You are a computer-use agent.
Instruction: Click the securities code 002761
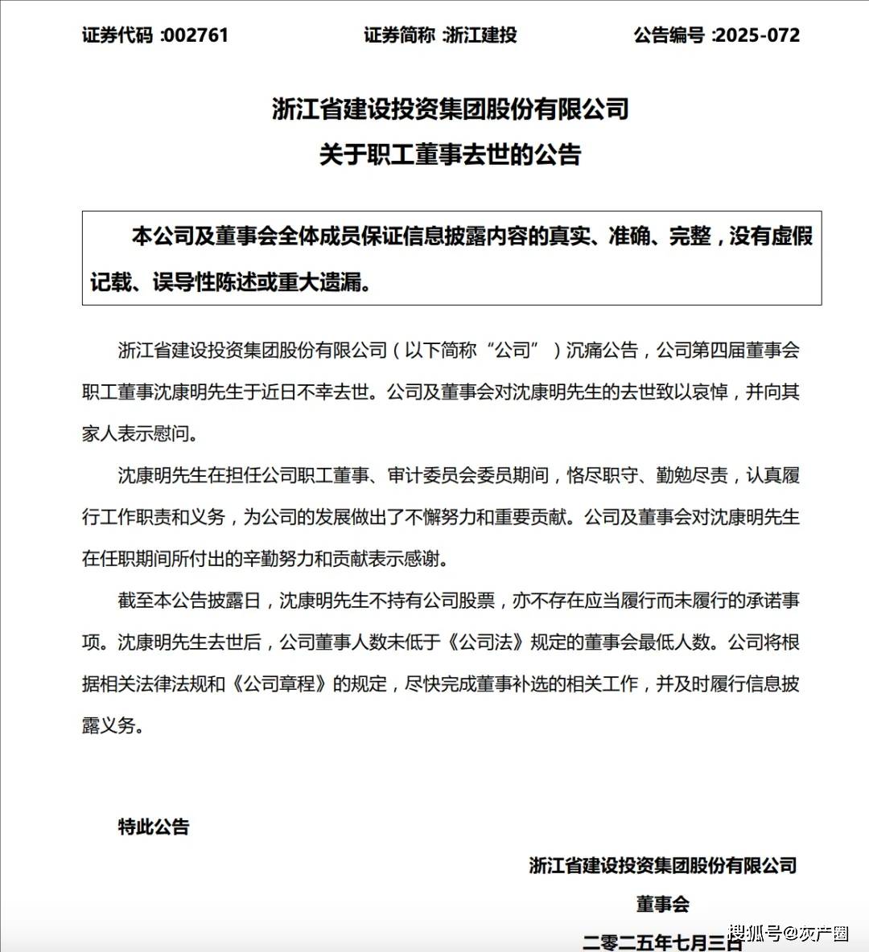click(x=196, y=35)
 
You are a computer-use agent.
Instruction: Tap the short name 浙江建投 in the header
click(x=480, y=35)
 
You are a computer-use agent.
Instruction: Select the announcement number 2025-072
click(x=757, y=35)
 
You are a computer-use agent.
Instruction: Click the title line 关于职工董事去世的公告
click(x=450, y=154)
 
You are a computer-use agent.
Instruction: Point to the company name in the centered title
click(x=450, y=109)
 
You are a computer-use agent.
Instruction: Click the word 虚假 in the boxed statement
click(x=792, y=236)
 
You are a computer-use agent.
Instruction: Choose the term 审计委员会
click(x=432, y=476)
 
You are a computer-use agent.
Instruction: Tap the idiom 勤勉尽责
click(x=692, y=476)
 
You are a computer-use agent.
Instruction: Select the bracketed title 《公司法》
click(x=486, y=642)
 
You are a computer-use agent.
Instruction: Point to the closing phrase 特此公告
click(x=154, y=827)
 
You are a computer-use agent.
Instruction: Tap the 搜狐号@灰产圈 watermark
click(x=789, y=934)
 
